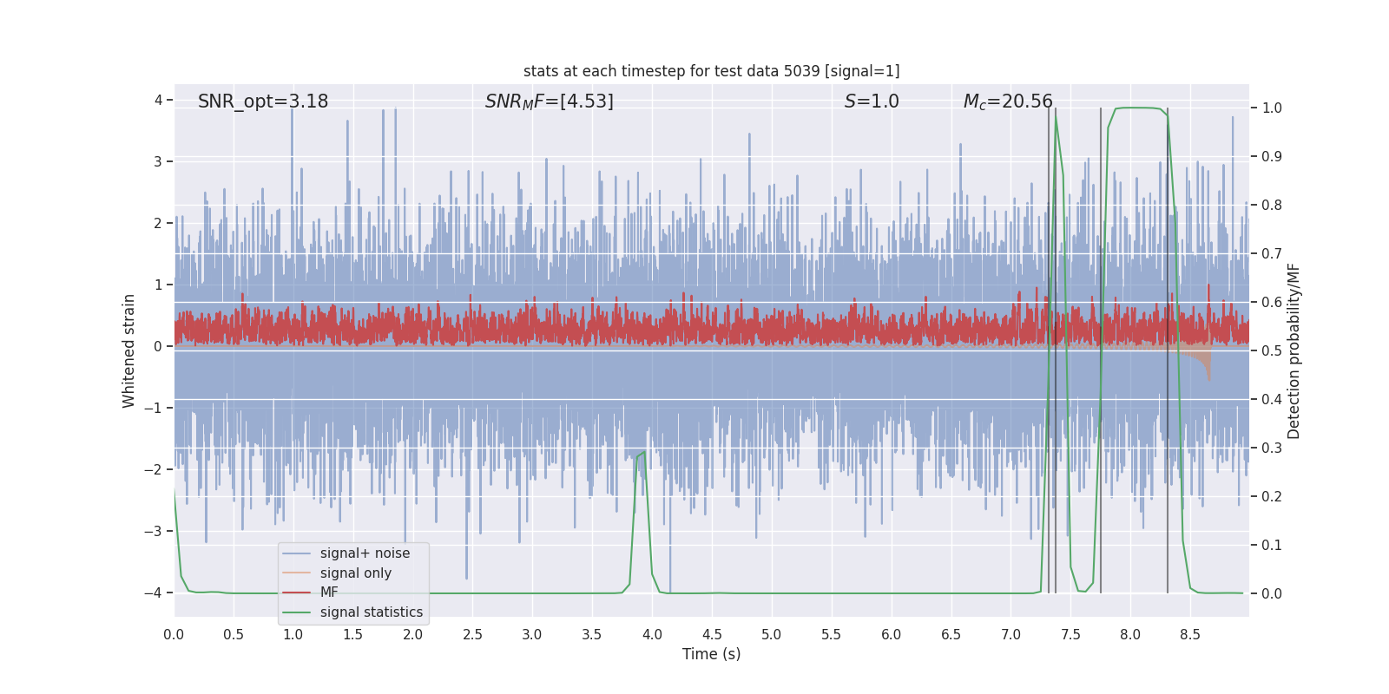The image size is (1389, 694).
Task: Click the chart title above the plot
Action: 711,71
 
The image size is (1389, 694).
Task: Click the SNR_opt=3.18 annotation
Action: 263,101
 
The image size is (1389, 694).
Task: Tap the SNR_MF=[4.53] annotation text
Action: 549,101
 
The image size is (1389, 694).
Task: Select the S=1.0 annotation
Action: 872,101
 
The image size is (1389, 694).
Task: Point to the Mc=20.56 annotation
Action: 1007,101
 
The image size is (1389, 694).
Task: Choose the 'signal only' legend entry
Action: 355,573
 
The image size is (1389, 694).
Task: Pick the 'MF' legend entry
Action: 329,593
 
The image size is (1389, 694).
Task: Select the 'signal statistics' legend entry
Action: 371,612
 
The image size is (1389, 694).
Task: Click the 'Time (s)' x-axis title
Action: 711,654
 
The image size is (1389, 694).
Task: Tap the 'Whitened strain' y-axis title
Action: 129,350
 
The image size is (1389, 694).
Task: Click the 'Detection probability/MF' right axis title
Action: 1294,350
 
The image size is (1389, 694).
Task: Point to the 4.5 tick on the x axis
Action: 712,634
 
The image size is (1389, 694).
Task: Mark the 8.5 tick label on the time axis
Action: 1190,634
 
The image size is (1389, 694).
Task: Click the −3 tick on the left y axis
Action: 157,531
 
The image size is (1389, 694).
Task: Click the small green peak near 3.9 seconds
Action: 643,452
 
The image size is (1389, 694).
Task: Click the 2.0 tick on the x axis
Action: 412,634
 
